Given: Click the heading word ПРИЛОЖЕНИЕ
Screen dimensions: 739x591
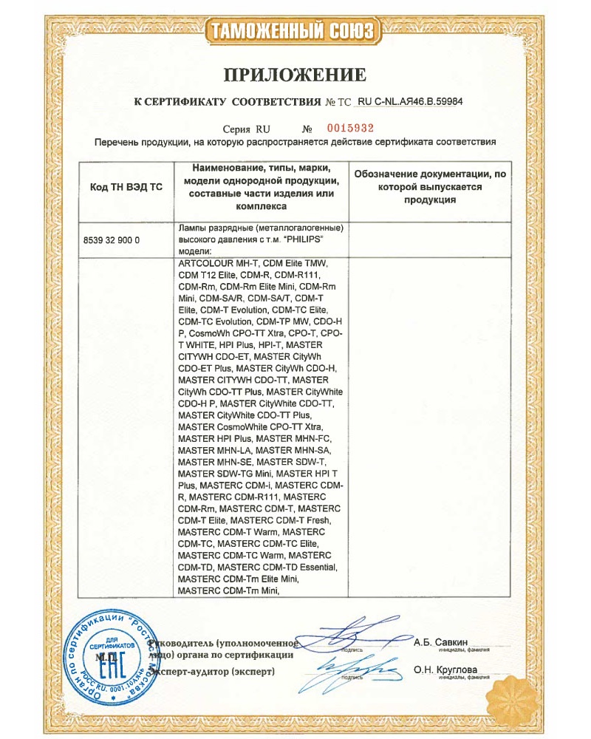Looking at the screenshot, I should click(295, 74).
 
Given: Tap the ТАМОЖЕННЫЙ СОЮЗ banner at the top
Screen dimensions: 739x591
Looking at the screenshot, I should click(295, 30).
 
